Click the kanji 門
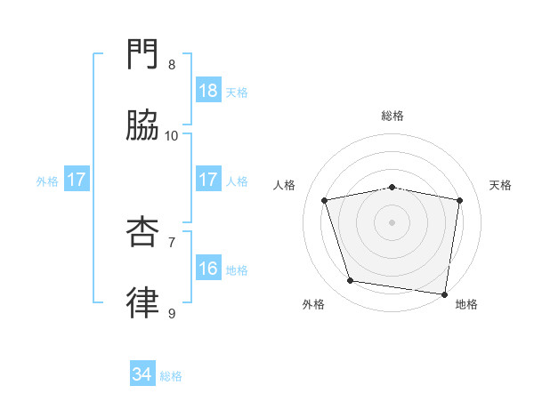point(143,55)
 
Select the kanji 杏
point(143,231)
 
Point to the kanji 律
point(143,302)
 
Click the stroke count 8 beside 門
point(172,65)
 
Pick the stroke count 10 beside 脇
point(172,135)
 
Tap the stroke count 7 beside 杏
point(172,241)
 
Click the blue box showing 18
point(207,91)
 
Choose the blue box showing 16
point(207,269)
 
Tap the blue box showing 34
point(142,375)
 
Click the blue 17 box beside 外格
point(77,180)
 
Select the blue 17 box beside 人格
point(207,180)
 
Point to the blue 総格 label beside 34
point(172,376)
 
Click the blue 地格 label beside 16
point(237,269)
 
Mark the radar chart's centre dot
point(392,221)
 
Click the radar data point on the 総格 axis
point(392,187)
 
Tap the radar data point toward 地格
point(444,293)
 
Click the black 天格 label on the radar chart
point(501,185)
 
